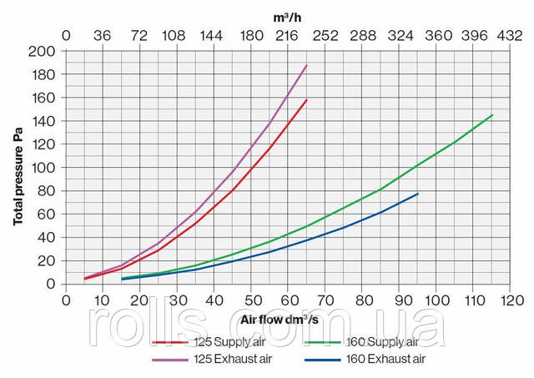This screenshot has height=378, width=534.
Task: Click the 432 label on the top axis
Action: (510, 37)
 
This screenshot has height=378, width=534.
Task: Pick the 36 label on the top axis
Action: (102, 37)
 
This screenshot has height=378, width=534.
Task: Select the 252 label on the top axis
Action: (325, 37)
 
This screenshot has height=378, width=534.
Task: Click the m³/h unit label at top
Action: (288, 17)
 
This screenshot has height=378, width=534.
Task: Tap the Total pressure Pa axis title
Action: (18, 167)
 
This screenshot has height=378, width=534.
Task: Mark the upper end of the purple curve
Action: (307, 65)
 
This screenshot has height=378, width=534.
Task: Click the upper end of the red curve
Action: (307, 100)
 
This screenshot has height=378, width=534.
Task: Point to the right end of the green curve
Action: (492, 115)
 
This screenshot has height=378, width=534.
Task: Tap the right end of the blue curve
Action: (418, 194)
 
